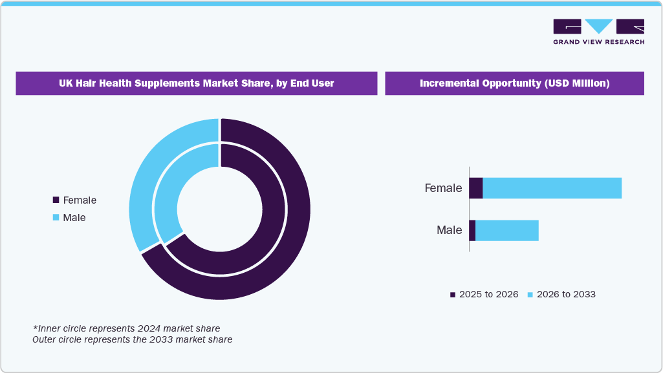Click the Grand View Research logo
[x=598, y=31]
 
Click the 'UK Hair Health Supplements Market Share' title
[x=196, y=83]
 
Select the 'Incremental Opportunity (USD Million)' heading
[x=514, y=83]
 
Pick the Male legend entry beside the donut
[x=69, y=218]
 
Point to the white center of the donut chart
[x=220, y=209]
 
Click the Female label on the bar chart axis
[x=443, y=188]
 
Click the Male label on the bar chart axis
[x=449, y=230]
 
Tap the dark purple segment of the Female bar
[x=476, y=188]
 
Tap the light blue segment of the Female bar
[x=552, y=188]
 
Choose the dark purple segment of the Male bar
[x=472, y=230]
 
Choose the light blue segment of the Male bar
[x=506, y=230]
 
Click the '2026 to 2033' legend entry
[x=561, y=294]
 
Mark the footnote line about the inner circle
[x=126, y=328]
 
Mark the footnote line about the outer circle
[x=132, y=339]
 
